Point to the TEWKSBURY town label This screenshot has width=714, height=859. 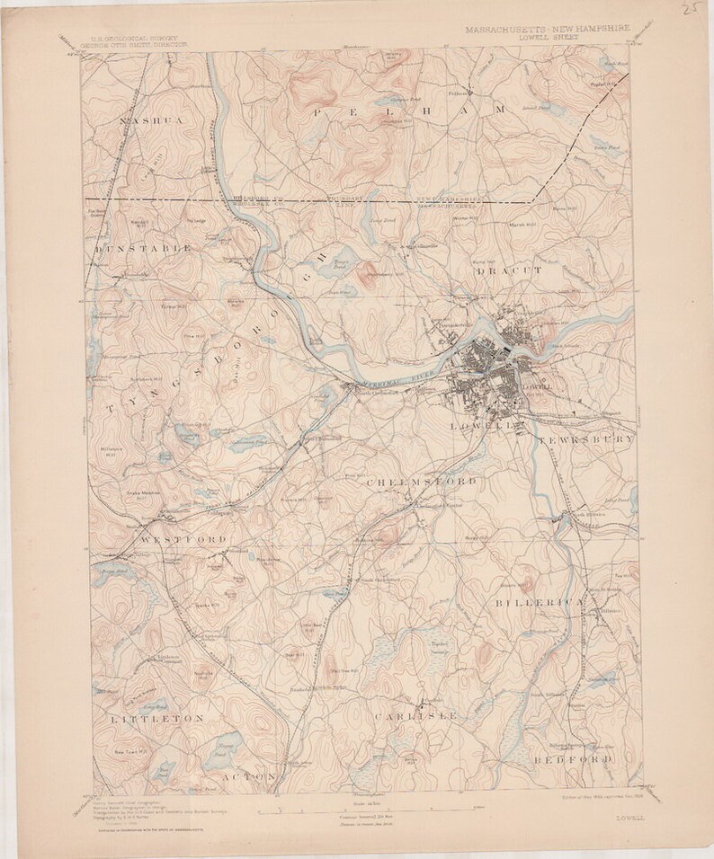pyautogui.click(x=587, y=439)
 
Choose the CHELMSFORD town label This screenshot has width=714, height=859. pyautogui.click(x=423, y=483)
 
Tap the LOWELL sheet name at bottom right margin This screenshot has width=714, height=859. pyautogui.click(x=629, y=818)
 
